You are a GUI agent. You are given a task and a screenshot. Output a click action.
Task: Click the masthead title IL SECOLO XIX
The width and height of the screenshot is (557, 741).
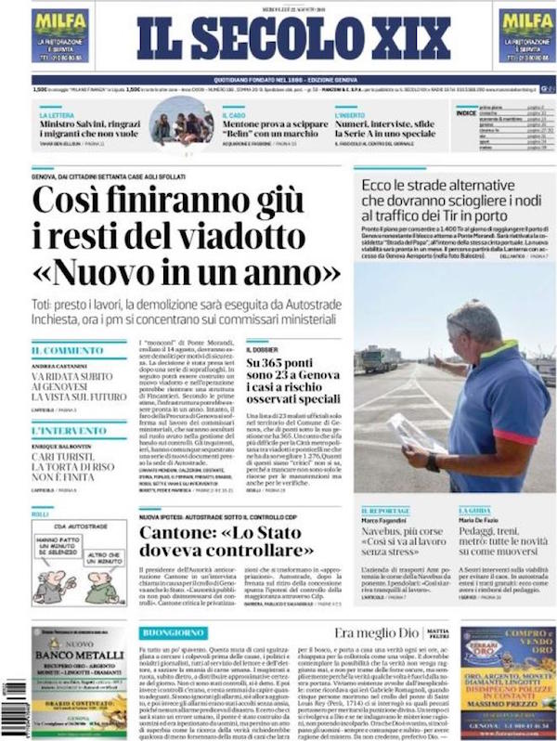click(x=293, y=38)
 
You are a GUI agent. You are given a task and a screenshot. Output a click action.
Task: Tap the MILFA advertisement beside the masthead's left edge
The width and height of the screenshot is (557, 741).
click(x=60, y=35)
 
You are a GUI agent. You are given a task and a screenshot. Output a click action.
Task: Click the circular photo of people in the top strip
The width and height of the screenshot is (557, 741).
click(x=181, y=122)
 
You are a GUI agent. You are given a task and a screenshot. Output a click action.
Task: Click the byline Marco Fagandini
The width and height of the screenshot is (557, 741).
click(x=387, y=520)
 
